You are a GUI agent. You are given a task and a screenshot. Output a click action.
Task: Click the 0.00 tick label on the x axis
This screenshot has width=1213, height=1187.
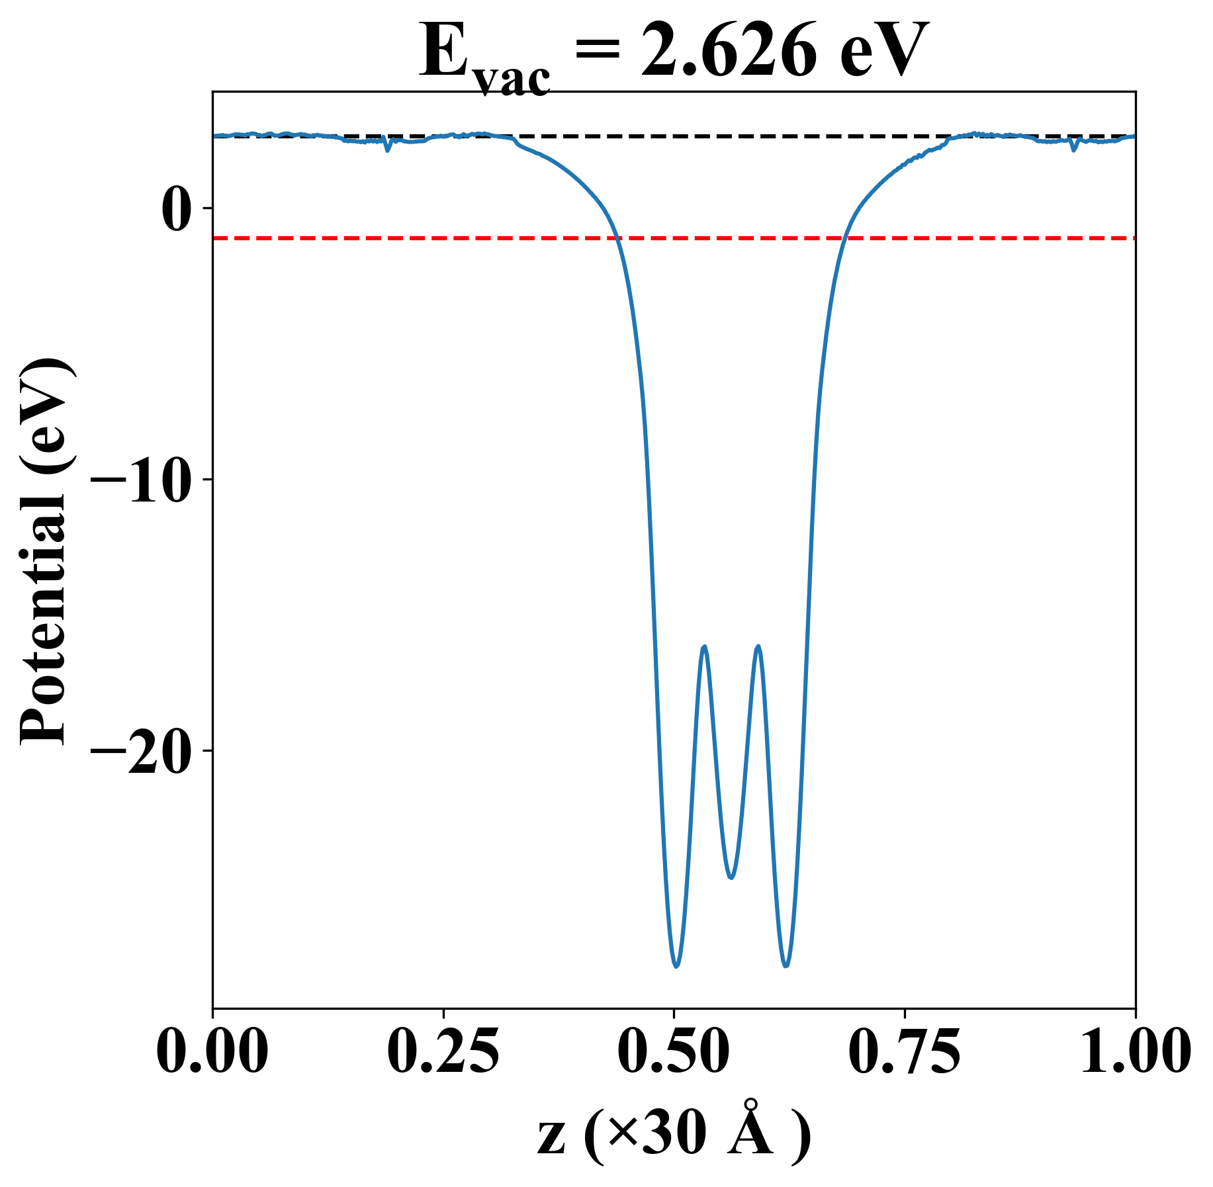(212, 1052)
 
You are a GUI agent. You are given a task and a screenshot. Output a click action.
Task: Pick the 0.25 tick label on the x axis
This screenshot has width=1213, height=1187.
(443, 1052)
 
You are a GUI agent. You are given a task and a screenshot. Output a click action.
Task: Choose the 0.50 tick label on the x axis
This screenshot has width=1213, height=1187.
(674, 1052)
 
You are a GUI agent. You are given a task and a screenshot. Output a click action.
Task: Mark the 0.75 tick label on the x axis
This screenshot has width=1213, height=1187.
(904, 1052)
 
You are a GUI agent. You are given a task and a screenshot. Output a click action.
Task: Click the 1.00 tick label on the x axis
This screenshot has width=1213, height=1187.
(1134, 1052)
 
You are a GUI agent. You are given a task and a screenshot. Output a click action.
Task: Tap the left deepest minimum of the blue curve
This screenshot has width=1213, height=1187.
(676, 966)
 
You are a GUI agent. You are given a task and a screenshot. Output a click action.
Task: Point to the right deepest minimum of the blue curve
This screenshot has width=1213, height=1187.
(786, 965)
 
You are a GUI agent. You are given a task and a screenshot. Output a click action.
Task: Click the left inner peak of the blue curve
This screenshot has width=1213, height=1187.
(704, 646)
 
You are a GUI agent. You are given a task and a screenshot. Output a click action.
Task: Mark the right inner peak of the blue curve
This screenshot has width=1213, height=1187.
(758, 646)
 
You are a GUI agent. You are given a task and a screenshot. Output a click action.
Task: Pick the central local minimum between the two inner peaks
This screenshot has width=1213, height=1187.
(731, 877)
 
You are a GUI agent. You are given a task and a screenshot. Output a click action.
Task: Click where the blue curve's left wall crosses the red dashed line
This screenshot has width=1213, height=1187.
(617, 238)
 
